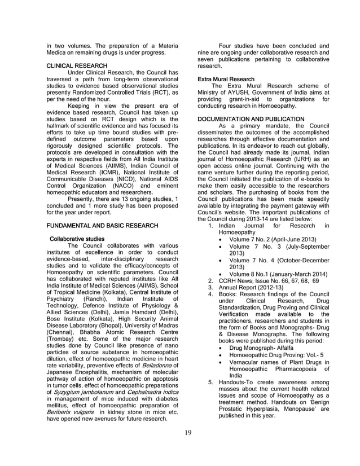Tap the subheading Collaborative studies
pos(76,239)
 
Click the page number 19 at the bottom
pos(188,433)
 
